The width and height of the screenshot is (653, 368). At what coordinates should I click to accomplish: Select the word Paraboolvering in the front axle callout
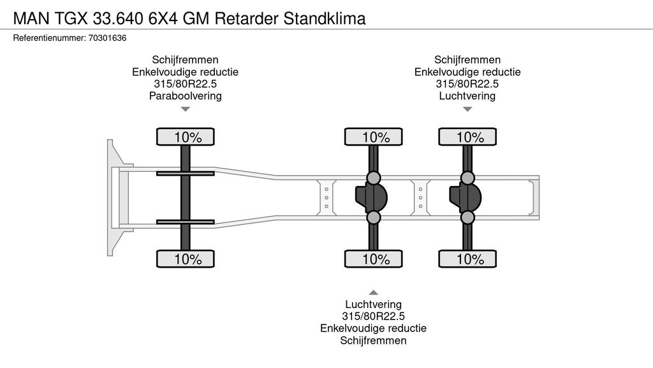[x=185, y=96]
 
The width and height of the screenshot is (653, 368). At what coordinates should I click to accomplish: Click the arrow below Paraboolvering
[x=185, y=109]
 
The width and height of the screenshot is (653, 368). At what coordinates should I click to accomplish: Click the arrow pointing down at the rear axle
[x=467, y=109]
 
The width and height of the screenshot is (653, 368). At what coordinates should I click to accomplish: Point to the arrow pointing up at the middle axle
[x=374, y=292]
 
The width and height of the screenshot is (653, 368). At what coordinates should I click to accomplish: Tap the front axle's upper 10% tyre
[x=186, y=137]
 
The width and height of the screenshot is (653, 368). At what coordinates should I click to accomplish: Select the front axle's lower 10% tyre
[x=186, y=259]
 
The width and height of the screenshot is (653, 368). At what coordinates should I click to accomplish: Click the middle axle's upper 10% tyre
[x=374, y=137]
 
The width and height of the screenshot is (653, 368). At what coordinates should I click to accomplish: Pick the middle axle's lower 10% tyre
[x=374, y=259]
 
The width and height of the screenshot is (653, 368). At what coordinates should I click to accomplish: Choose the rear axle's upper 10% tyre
[x=467, y=137]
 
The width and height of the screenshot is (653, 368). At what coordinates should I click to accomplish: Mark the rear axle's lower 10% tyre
[x=467, y=259]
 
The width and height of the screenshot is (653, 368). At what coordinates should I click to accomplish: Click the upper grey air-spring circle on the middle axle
[x=374, y=178]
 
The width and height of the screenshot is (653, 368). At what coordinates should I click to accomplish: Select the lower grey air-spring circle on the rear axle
[x=467, y=218]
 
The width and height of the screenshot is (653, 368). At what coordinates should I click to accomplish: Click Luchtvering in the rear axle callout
[x=467, y=96]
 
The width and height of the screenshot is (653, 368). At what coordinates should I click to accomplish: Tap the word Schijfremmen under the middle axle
[x=374, y=341]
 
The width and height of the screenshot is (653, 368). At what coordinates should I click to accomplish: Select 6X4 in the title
[x=163, y=19]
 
